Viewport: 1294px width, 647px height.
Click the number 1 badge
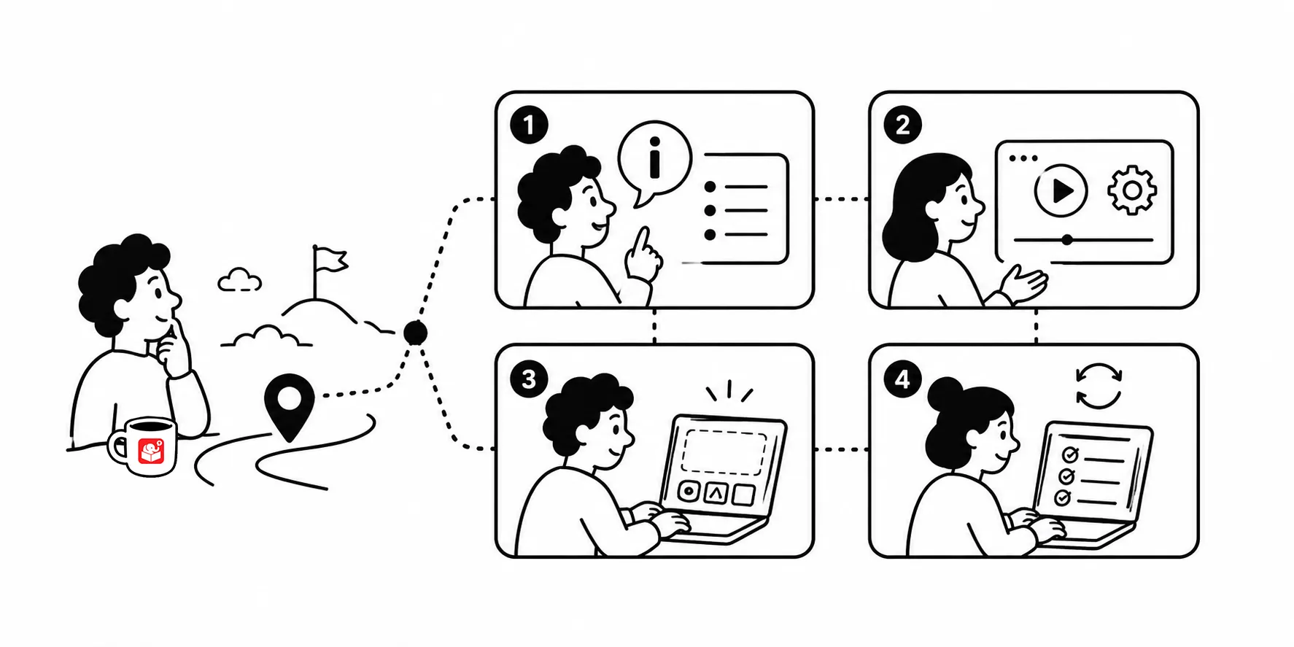[x=529, y=125]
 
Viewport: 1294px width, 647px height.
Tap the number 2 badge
[x=902, y=125]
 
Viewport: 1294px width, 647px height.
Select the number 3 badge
[x=529, y=379]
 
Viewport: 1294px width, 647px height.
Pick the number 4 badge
[x=902, y=379]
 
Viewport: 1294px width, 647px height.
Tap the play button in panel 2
[x=1061, y=190]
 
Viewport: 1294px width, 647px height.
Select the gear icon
[x=1132, y=190]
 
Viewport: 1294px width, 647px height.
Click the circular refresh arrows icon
[x=1099, y=386]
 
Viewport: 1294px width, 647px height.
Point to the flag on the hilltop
[x=328, y=259]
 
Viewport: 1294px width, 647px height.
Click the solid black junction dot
[x=416, y=333]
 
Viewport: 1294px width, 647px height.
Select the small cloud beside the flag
[x=239, y=280]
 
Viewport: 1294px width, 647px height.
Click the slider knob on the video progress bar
[x=1067, y=239]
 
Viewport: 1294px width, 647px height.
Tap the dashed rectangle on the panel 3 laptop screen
[x=724, y=452]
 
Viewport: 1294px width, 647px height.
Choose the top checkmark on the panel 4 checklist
[x=1070, y=454]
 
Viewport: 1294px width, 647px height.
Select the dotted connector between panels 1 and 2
[x=841, y=198]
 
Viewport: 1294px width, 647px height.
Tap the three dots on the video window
[x=1023, y=158]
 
